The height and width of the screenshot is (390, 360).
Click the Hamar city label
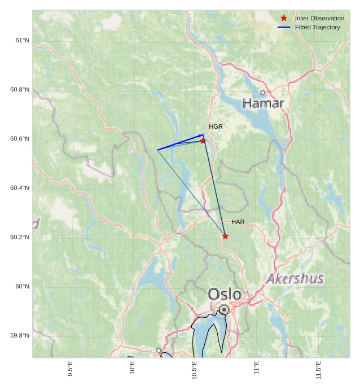pos(263,103)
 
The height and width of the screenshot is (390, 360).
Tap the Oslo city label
pos(225,294)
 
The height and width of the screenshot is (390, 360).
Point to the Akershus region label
pos(295,278)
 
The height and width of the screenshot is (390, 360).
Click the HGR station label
pos(216,126)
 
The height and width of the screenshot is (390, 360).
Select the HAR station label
pos(238,222)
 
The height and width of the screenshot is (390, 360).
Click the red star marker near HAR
pos(225,236)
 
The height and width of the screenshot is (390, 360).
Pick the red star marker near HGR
pos(203,141)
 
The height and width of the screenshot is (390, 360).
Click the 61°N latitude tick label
pos(23,40)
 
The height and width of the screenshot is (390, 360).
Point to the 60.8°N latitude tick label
pos(20,89)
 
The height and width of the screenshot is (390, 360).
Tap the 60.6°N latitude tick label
pos(20,139)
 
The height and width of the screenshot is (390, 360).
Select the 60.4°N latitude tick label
pos(20,188)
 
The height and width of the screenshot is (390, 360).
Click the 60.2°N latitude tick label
pos(20,237)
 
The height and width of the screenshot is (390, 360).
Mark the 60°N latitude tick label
pos(23,286)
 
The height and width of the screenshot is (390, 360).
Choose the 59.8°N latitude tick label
pos(20,335)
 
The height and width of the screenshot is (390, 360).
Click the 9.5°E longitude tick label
pos(70,369)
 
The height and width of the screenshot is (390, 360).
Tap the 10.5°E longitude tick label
pos(194,370)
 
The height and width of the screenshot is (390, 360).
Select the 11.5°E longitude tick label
pos(318,370)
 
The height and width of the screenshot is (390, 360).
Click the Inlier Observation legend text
pos(319,18)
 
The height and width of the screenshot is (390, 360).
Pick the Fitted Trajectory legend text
pos(317,27)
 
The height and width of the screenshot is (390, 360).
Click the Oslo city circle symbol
pos(224,309)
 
